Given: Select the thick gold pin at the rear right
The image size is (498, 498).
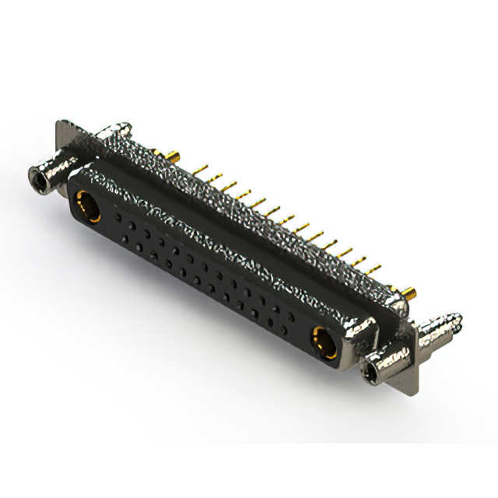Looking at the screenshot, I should click(x=409, y=293).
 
